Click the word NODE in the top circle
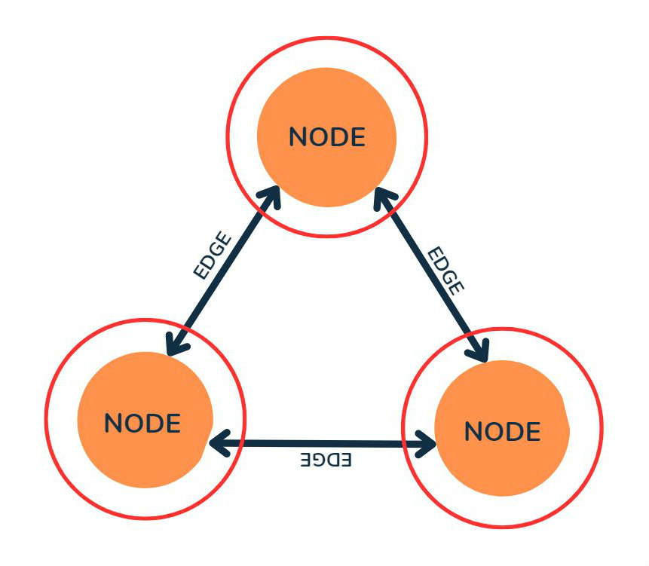326,137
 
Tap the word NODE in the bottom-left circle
142,423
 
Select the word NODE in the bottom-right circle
502,431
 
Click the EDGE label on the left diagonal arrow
211,259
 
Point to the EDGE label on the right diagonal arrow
445,269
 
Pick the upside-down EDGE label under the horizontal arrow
326,460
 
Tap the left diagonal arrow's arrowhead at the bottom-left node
176,346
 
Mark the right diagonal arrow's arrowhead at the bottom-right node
479,351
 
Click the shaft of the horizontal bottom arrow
324,443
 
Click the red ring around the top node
327,37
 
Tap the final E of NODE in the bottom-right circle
533,431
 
